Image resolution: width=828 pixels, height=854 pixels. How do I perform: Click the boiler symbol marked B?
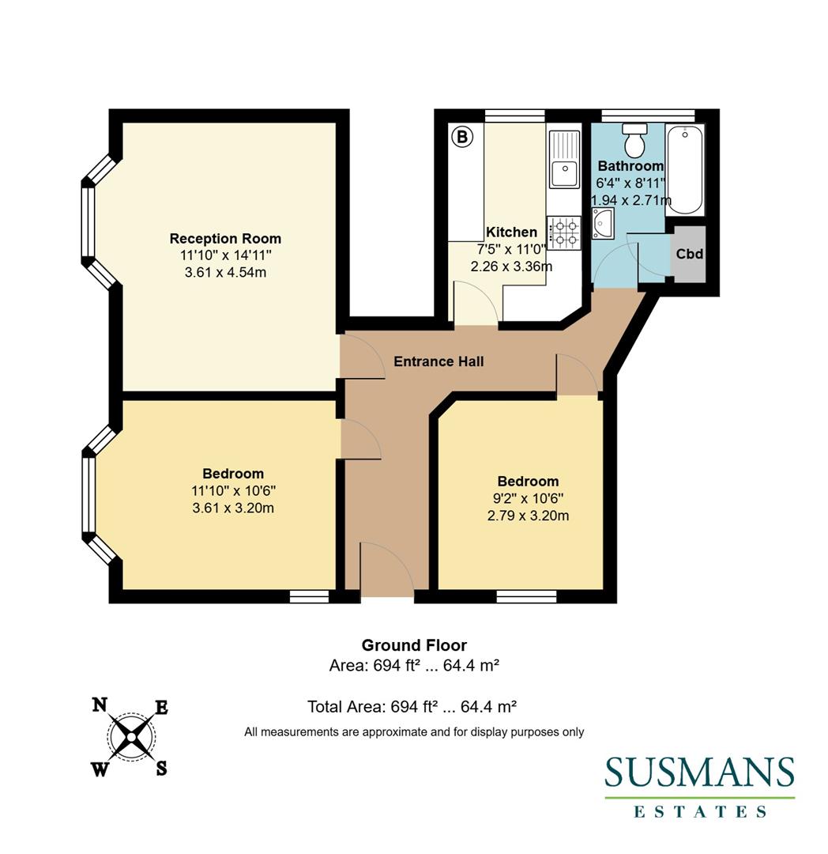[461, 138]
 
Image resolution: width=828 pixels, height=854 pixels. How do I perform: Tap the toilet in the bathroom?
[634, 141]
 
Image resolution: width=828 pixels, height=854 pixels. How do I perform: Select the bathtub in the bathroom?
[684, 169]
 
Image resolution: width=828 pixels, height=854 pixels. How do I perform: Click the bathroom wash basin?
[603, 224]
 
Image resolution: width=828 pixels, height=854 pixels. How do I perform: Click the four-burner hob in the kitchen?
[563, 232]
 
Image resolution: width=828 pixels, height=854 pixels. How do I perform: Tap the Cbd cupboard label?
[689, 255]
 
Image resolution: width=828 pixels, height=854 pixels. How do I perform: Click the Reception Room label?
[225, 238]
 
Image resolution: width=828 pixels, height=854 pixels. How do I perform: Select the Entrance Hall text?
[438, 361]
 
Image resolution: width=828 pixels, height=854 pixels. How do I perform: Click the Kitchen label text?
[511, 232]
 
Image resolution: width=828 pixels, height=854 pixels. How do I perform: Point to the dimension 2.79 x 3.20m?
[528, 516]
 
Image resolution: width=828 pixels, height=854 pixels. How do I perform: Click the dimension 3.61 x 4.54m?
[225, 272]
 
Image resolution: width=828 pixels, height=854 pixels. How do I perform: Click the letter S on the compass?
[160, 767]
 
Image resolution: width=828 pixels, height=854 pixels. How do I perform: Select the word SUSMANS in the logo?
[699, 773]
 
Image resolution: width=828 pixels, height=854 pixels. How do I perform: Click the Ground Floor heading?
[414, 645]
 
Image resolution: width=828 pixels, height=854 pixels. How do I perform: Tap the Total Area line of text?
[414, 706]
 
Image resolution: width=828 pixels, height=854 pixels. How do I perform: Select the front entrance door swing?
[386, 568]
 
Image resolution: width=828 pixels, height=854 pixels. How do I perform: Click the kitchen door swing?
[475, 304]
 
